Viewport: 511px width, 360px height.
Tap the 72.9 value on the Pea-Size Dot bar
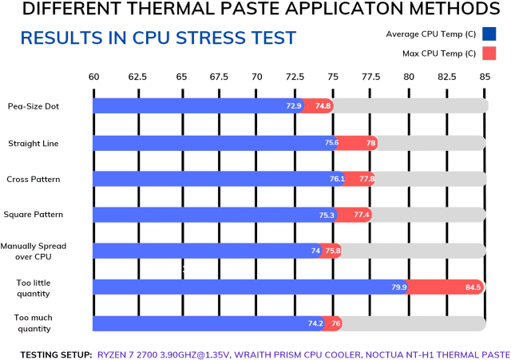(294, 105)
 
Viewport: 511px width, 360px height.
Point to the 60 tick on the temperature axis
(93, 77)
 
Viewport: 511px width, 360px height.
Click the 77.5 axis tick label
(370, 77)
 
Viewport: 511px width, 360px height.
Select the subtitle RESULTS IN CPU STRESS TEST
(157, 38)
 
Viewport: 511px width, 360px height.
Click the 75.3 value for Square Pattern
(326, 215)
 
